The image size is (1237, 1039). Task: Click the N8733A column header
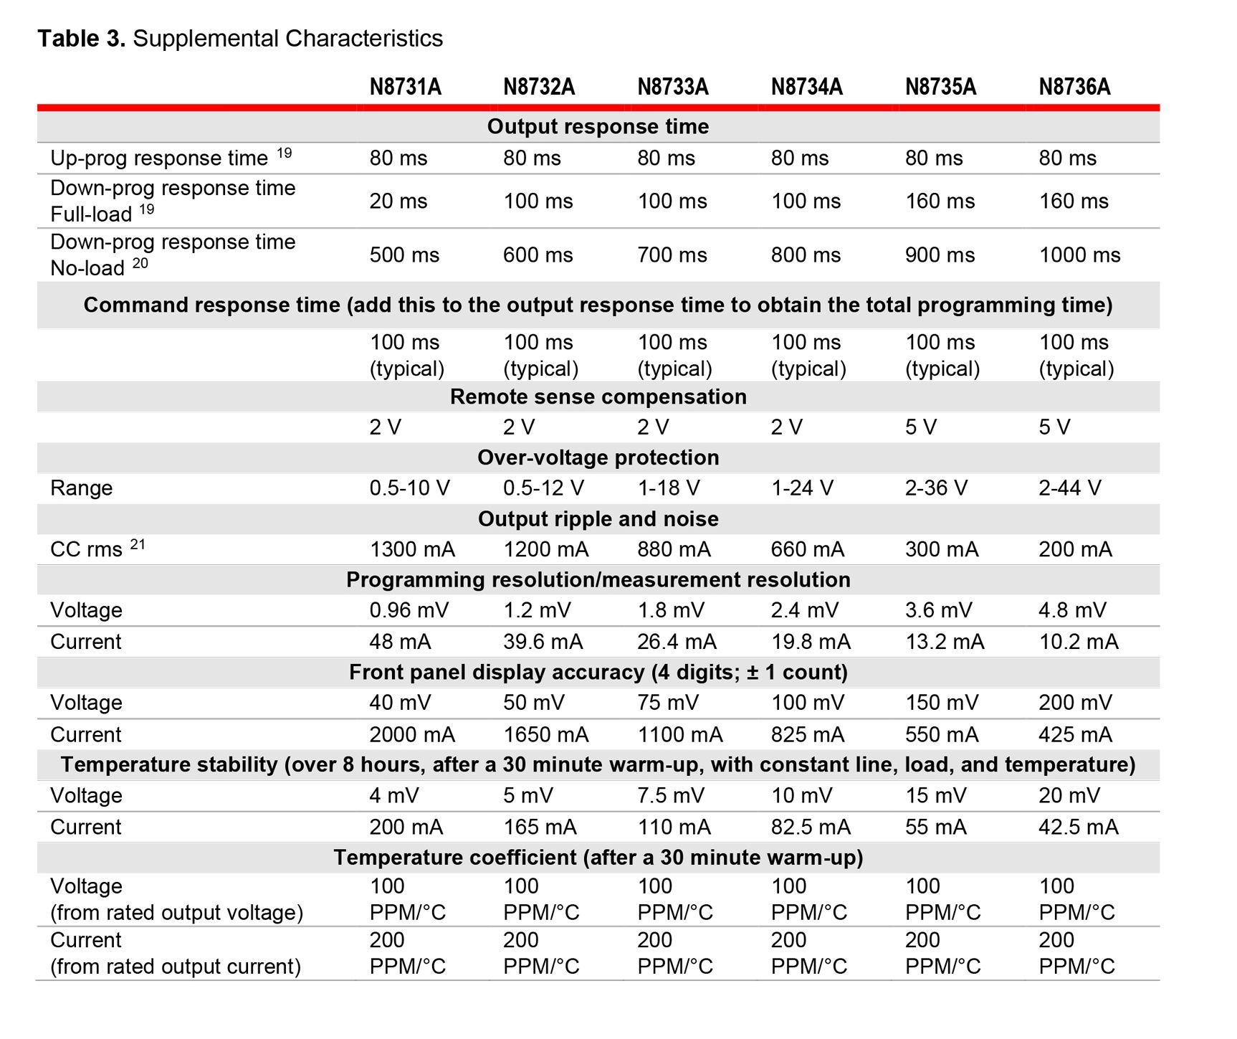[x=673, y=87]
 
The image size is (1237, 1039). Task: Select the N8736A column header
[x=1074, y=87]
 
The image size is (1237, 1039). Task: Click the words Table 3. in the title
[x=82, y=39]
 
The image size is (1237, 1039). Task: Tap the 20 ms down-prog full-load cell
[x=398, y=201]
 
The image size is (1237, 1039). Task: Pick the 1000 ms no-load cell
[x=1080, y=255]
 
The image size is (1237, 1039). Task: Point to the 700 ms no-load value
[x=672, y=255]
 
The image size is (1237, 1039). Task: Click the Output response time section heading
[x=598, y=127]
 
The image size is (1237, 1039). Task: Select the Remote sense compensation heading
[x=598, y=397]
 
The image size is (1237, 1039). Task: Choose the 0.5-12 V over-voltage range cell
[x=543, y=488]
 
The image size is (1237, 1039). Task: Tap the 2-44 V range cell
[x=1070, y=488]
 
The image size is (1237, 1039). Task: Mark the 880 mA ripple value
[x=674, y=550]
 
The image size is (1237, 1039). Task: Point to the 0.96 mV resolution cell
[x=409, y=610]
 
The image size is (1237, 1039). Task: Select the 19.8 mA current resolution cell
[x=811, y=642]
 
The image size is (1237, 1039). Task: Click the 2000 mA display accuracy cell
[x=412, y=735]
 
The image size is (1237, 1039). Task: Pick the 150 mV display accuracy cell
[x=942, y=703]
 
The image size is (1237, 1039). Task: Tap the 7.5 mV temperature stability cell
[x=671, y=796]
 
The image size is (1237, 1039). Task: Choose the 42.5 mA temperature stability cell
[x=1079, y=827]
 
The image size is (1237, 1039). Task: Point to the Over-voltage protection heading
[x=598, y=458]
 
